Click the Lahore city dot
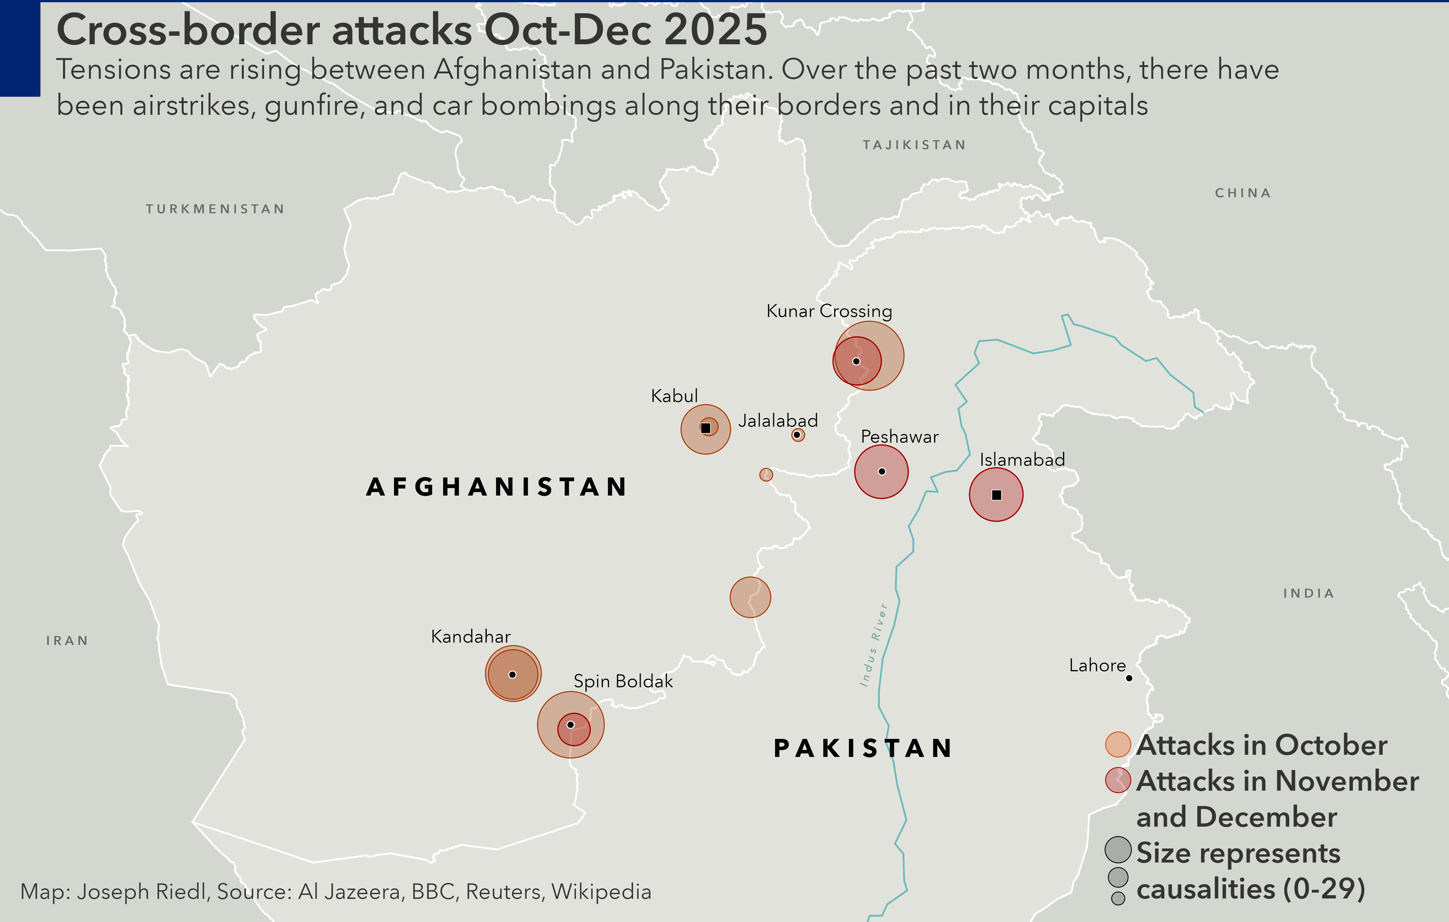[x=1129, y=678]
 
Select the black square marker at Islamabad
[x=996, y=495]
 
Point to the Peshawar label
[x=900, y=437]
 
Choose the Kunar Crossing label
[x=829, y=311]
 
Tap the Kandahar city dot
[x=513, y=675]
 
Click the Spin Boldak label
[x=623, y=681]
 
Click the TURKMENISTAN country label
[x=215, y=209]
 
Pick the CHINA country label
[x=1243, y=193]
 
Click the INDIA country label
[x=1308, y=593]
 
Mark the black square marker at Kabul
[x=706, y=428]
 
